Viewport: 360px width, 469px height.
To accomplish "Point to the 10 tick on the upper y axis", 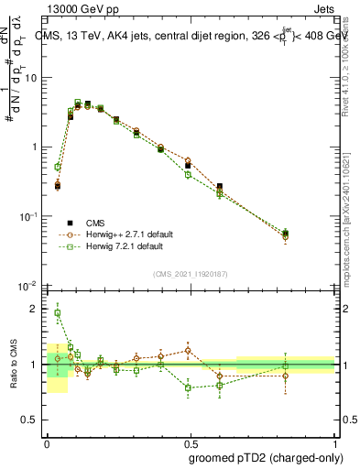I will point(33,78).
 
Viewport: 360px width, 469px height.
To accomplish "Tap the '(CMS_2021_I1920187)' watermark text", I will point(190,274).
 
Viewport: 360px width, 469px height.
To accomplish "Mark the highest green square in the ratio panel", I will point(57,313).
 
